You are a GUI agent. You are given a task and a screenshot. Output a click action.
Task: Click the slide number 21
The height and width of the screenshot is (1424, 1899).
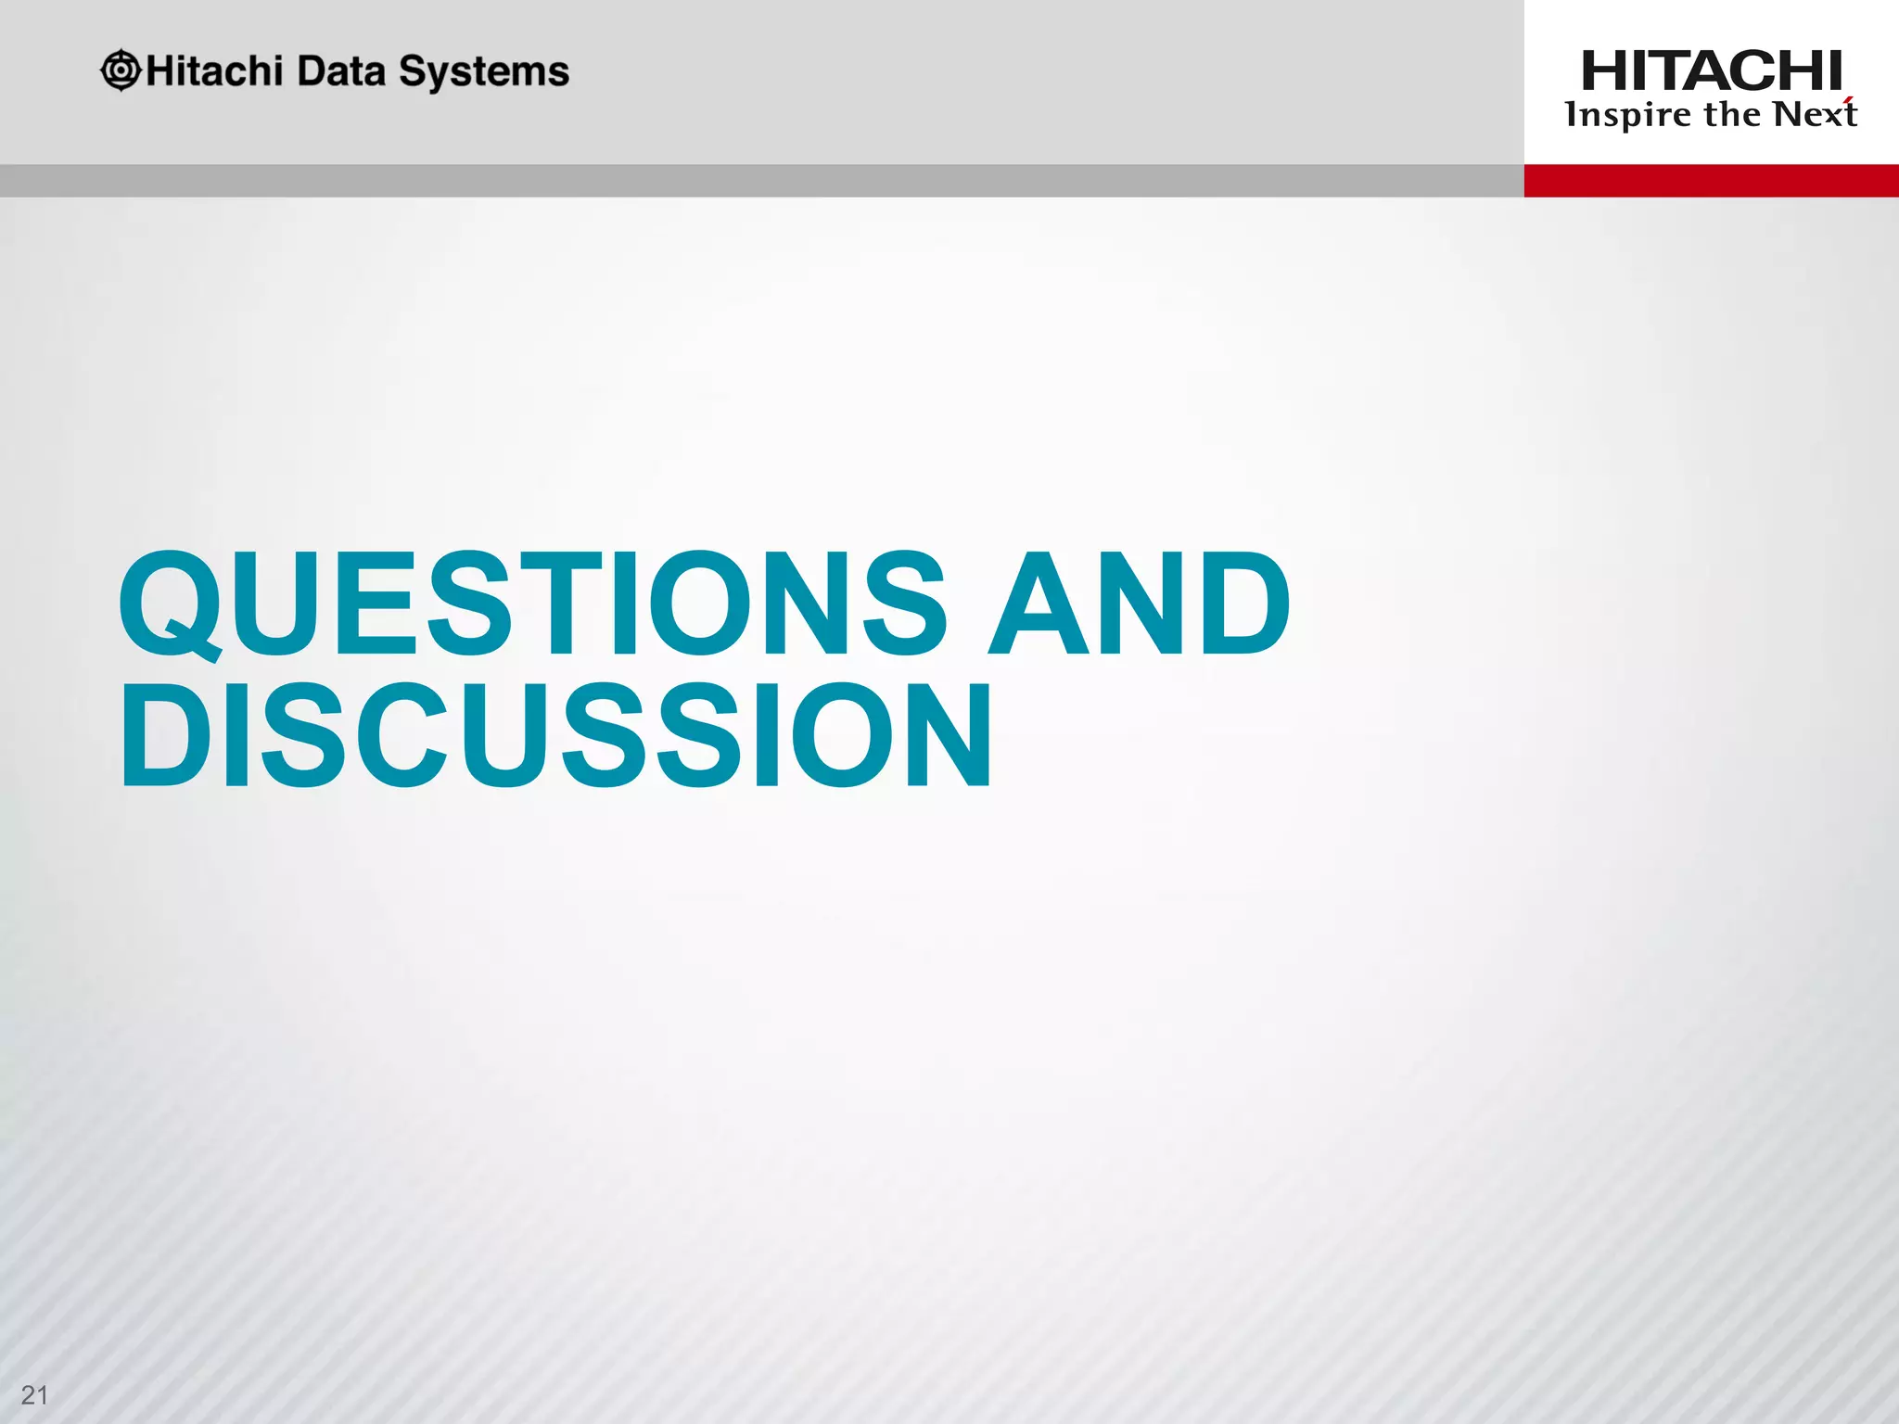[x=34, y=1394]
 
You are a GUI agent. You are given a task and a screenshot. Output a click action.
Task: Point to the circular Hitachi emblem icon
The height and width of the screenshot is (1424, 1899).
[x=121, y=70]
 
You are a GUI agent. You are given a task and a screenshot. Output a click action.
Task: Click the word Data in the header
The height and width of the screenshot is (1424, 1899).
[x=340, y=71]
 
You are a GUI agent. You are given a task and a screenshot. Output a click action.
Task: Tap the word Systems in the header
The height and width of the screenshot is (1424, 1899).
[x=483, y=72]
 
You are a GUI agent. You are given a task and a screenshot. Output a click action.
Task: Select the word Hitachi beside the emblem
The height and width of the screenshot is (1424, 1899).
[x=213, y=71]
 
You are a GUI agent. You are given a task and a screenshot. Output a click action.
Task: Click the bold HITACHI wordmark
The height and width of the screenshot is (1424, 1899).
[x=1711, y=71]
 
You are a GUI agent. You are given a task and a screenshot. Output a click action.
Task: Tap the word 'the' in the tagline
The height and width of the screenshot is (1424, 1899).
[x=1732, y=114]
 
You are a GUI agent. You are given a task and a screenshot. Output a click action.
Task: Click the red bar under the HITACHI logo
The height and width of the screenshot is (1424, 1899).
[x=1711, y=181]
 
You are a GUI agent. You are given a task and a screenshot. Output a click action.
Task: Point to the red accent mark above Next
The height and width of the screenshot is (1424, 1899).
[x=1848, y=100]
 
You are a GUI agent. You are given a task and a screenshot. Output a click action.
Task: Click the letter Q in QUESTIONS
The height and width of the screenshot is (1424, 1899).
[x=171, y=604]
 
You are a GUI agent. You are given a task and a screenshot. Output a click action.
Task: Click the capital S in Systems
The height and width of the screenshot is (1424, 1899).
[x=413, y=71]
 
